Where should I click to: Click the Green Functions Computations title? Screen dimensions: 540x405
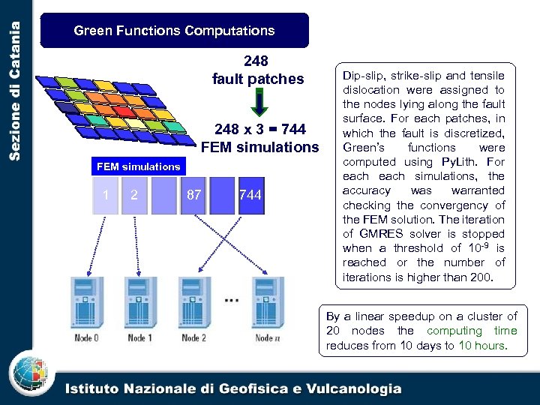pos(174,31)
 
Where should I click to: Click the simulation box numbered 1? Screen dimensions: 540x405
pos(106,196)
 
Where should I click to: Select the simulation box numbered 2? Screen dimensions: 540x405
pos(134,196)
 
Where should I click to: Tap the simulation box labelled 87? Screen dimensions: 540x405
pos(193,196)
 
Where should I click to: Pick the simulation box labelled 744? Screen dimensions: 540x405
pos(250,196)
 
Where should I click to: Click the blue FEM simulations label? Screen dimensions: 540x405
pos(139,166)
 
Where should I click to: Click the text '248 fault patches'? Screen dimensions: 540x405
pos(257,70)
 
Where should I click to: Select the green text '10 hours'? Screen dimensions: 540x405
pos(482,346)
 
